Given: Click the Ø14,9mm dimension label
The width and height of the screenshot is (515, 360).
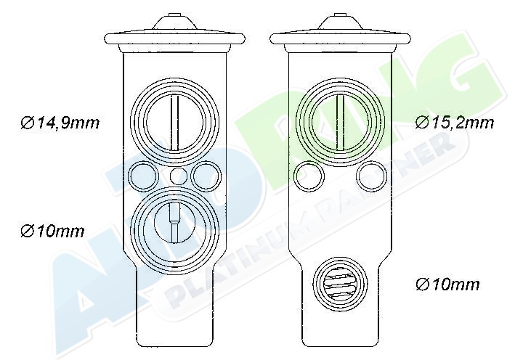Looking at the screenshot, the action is pyautogui.click(x=60, y=123).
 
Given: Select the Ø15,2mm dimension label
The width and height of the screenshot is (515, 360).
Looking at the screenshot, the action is pyautogui.click(x=455, y=123).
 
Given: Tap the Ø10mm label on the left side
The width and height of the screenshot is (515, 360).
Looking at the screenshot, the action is pyautogui.click(x=52, y=232).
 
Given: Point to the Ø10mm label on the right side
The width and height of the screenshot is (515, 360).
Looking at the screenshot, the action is pyautogui.click(x=447, y=285).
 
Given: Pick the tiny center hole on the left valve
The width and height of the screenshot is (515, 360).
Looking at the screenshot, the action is pyautogui.click(x=179, y=176).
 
